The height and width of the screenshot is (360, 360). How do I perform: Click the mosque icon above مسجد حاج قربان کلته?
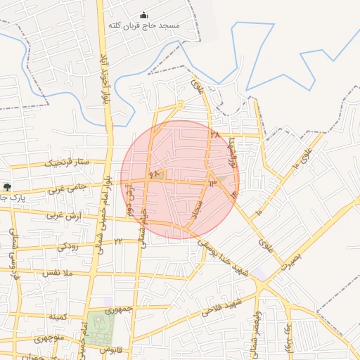pyautogui.click(x=144, y=15)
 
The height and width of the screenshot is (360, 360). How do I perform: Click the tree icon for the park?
pyautogui.click(x=7, y=187)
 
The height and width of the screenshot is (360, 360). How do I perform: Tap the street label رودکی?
pyautogui.click(x=67, y=246)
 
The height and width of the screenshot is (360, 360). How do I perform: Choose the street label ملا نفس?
pyautogui.click(x=58, y=272)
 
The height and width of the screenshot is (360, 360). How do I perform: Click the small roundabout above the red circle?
pyautogui.click(x=179, y=106)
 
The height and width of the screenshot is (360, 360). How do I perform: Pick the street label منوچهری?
pyautogui.click(x=45, y=338)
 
